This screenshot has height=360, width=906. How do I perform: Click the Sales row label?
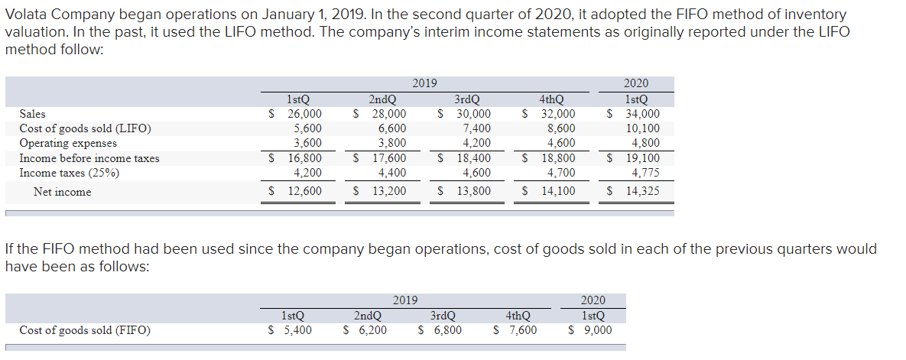[32, 114]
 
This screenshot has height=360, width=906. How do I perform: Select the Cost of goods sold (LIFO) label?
[85, 128]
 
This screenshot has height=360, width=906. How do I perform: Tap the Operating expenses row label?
[68, 143]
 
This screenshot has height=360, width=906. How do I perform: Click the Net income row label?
[62, 192]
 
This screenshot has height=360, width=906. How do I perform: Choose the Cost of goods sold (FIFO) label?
[85, 330]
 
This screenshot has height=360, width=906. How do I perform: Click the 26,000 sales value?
[304, 114]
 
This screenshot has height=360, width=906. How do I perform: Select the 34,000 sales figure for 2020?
[642, 114]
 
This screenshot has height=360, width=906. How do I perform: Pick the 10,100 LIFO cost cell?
[642, 128]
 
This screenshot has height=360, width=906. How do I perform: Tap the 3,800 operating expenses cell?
[391, 143]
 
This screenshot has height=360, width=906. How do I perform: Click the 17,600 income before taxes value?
[388, 158]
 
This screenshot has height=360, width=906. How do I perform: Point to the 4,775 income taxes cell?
[645, 173]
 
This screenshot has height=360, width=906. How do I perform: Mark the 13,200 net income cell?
[388, 192]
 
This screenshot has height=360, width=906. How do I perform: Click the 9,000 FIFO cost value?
[596, 330]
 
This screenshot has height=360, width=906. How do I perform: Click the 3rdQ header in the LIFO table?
[467, 99]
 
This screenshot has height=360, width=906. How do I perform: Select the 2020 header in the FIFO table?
[593, 301]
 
